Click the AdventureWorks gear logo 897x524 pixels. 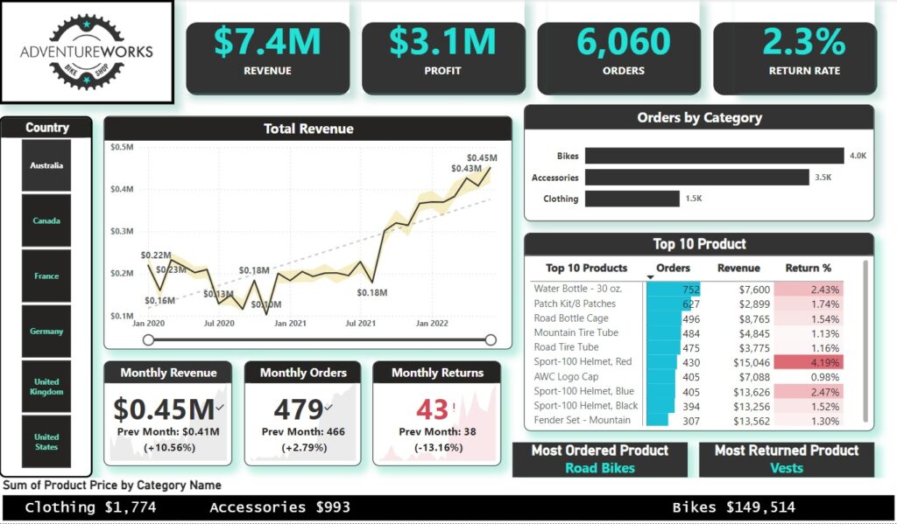[86, 51]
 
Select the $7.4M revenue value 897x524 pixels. [267, 41]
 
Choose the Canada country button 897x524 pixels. [46, 220]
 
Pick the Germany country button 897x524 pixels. [46, 332]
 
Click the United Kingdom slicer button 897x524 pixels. [46, 387]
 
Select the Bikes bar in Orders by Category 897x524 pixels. [714, 156]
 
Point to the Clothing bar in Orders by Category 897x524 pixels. [632, 199]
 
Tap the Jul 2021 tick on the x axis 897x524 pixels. [361, 324]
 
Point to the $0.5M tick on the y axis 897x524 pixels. [122, 147]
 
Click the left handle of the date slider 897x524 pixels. [148, 340]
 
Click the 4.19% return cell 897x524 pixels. [823, 362]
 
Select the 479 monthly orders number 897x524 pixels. [298, 409]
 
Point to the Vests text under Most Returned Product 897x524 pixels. [786, 468]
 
